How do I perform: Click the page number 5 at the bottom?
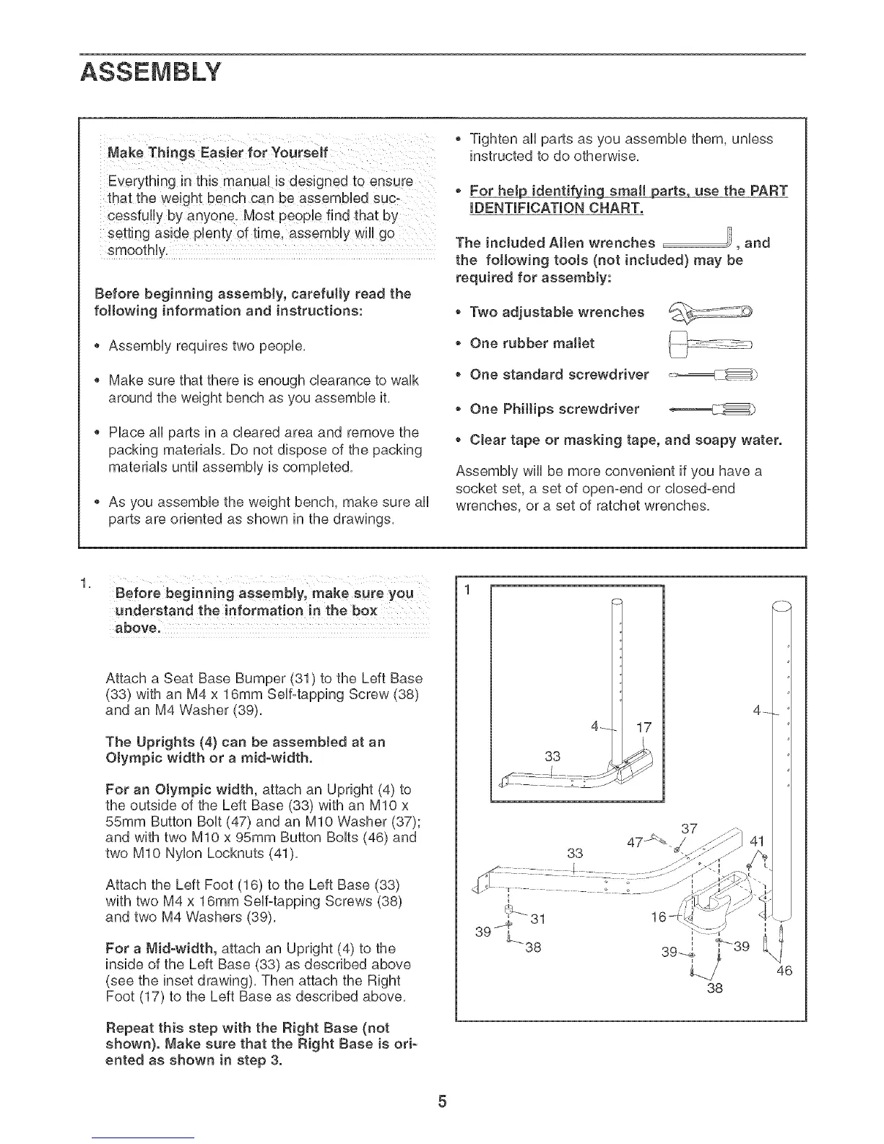442,1102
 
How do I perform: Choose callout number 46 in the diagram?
784,971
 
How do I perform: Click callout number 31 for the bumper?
537,919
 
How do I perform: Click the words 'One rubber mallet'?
532,343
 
